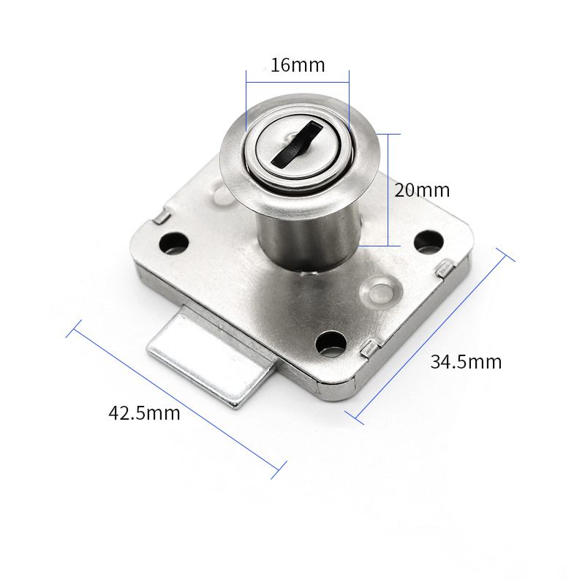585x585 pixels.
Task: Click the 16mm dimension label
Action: [x=298, y=65]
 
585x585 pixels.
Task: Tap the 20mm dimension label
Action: [x=422, y=190]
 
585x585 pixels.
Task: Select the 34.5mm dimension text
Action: [x=466, y=362]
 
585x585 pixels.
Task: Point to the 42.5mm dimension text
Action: [x=144, y=413]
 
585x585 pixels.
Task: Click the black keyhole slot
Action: [x=297, y=144]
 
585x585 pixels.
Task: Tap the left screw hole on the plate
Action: [x=173, y=243]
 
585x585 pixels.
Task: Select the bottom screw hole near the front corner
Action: [x=331, y=343]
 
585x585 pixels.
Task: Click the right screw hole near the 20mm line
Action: [x=429, y=242]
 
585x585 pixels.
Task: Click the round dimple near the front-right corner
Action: [x=379, y=292]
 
